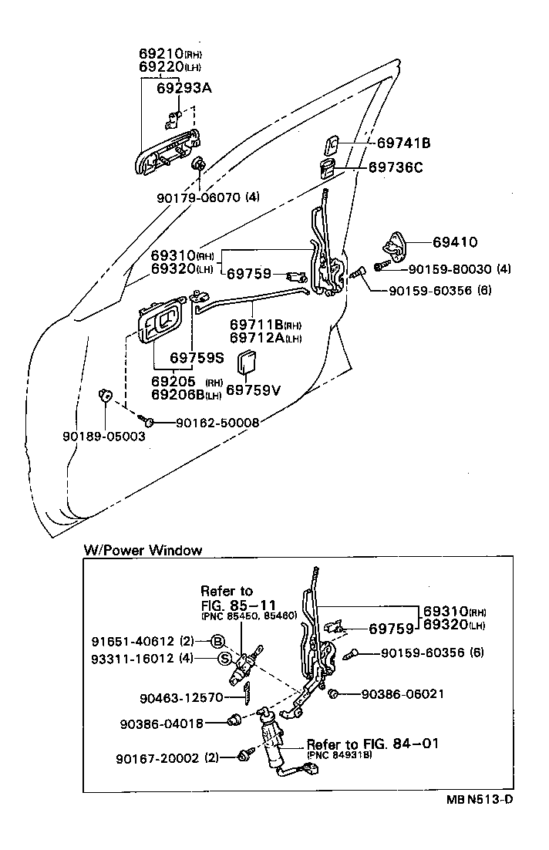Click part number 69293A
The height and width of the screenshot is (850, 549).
pyautogui.click(x=184, y=87)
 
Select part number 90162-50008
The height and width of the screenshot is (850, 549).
pyautogui.click(x=217, y=422)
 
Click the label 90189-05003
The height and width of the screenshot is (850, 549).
pyautogui.click(x=103, y=436)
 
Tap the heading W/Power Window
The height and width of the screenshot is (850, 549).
pyautogui.click(x=143, y=550)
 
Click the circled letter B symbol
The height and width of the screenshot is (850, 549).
pyautogui.click(x=218, y=641)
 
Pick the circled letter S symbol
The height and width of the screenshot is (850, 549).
pyautogui.click(x=224, y=658)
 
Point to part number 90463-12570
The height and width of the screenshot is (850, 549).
pyautogui.click(x=181, y=697)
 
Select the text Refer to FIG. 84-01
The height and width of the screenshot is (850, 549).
pyautogui.click(x=372, y=744)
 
